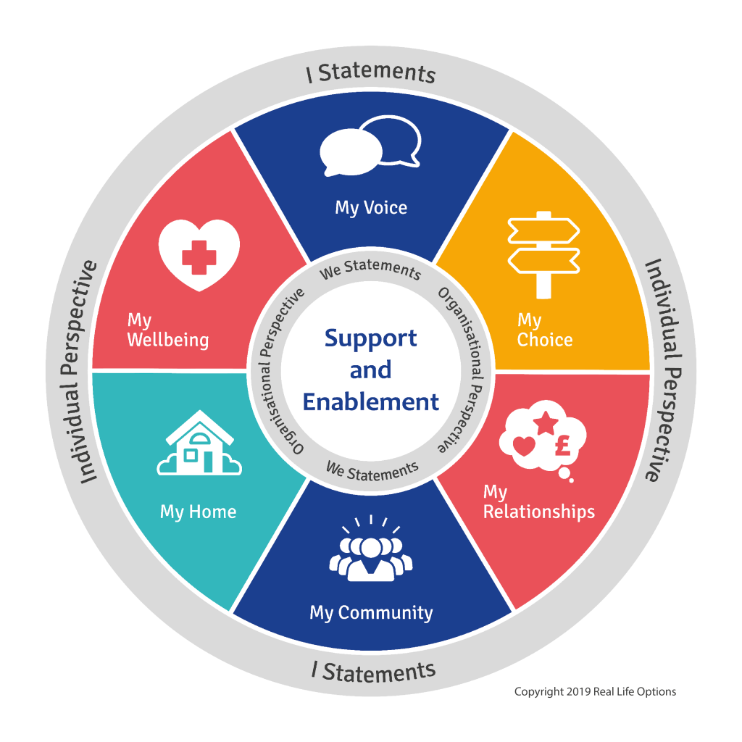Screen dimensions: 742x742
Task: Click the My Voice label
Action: tap(371, 208)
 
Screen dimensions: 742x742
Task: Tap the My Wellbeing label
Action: tap(167, 330)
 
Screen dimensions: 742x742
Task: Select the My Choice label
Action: tap(544, 330)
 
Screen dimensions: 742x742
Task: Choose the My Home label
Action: tap(198, 512)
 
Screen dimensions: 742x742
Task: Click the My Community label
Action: tap(371, 612)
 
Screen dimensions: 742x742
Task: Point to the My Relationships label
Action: tap(538, 502)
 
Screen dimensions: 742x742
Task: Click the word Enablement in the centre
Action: tap(371, 401)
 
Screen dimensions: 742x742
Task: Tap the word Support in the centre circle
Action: tap(371, 338)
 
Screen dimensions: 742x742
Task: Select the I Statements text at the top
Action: tap(371, 73)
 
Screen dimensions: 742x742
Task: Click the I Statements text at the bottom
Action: tap(373, 671)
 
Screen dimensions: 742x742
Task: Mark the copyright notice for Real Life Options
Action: tap(595, 691)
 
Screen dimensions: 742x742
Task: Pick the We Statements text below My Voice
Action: tap(371, 270)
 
